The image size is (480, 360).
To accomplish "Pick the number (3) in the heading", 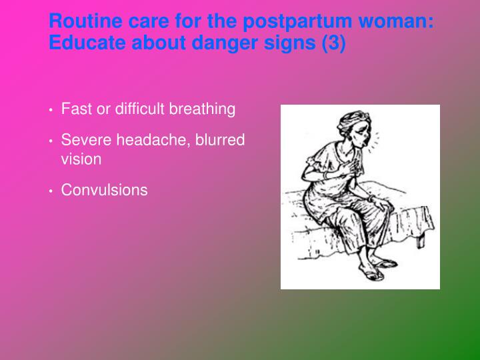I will pyautogui.click(x=333, y=45).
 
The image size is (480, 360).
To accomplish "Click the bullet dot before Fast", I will pyautogui.click(x=51, y=110).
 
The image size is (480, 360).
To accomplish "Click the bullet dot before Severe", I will pyautogui.click(x=51, y=141).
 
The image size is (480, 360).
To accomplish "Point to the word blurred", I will pyautogui.click(x=219, y=140).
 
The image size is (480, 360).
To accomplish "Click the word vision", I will pyautogui.click(x=81, y=159).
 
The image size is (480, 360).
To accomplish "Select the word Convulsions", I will pyautogui.click(x=104, y=190).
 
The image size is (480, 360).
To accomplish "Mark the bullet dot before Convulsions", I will pyautogui.click(x=51, y=191).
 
